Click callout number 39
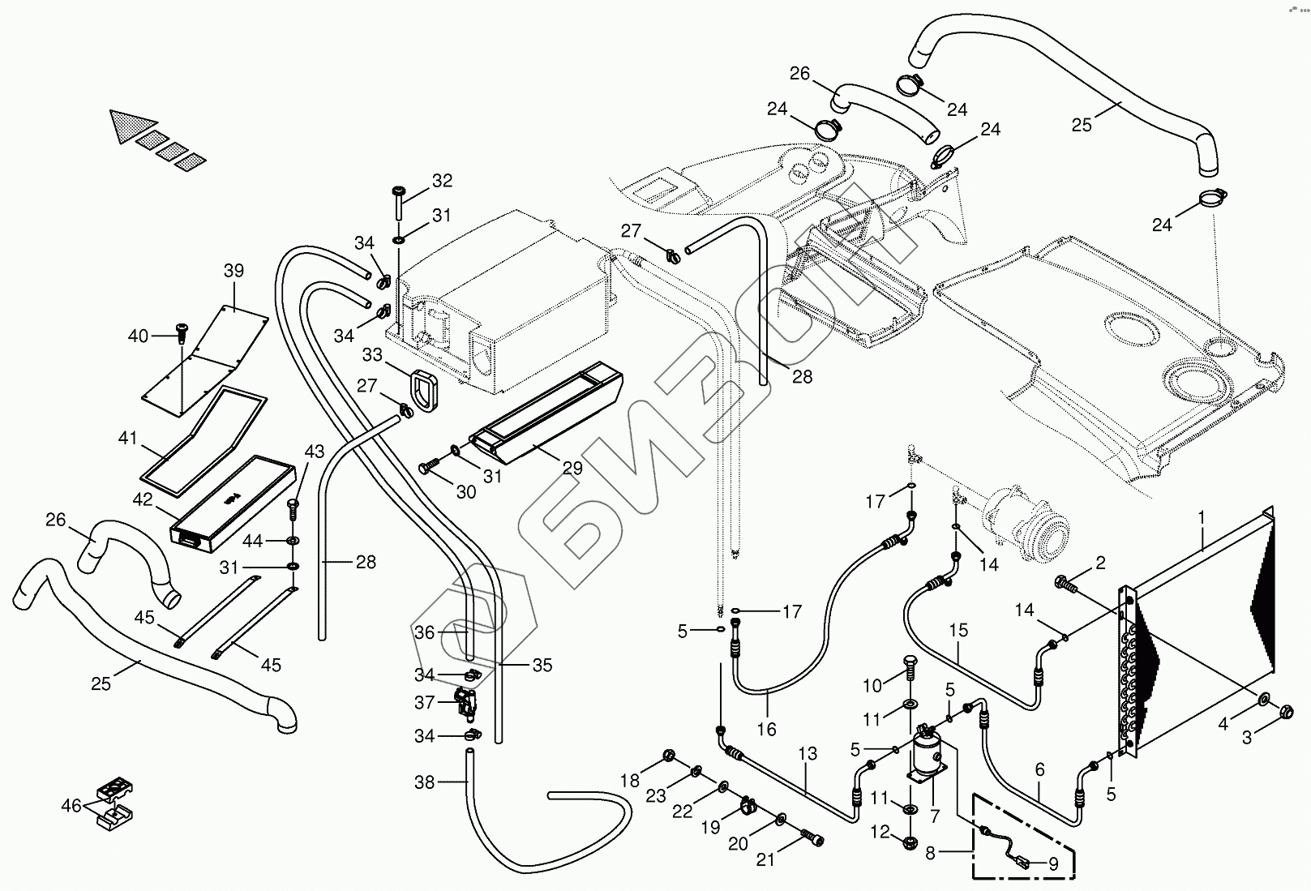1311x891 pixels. (233, 271)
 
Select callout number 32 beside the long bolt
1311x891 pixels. (443, 181)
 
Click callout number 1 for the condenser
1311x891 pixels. (1202, 517)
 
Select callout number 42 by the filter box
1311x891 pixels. (142, 500)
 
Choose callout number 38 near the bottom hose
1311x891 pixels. (424, 782)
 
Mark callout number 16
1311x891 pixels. (766, 729)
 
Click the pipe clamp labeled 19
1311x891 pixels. (748, 807)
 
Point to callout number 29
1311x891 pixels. (572, 468)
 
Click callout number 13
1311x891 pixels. (808, 753)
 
